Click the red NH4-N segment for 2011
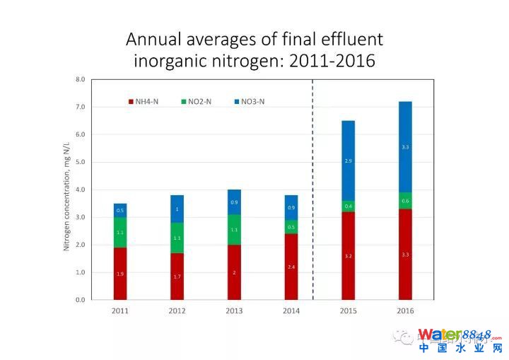120,273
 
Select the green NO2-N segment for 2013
234,230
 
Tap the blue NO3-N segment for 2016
405,146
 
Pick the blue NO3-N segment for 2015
348,161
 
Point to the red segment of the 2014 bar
291,266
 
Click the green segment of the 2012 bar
177,238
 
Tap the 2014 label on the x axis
291,310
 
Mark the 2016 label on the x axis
405,310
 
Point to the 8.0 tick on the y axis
80,79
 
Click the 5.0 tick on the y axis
80,162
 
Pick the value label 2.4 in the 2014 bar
291,267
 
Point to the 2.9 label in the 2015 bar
348,161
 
